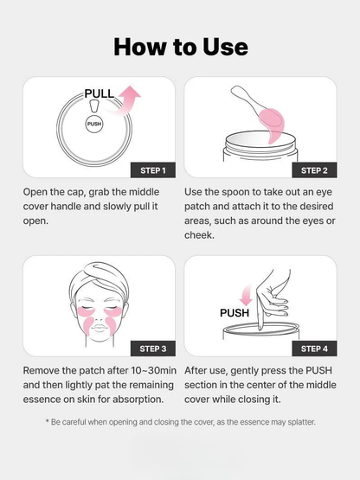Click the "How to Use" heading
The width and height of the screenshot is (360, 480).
(180, 46)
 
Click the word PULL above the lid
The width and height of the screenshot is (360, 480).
(99, 93)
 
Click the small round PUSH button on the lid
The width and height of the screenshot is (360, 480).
(94, 125)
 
